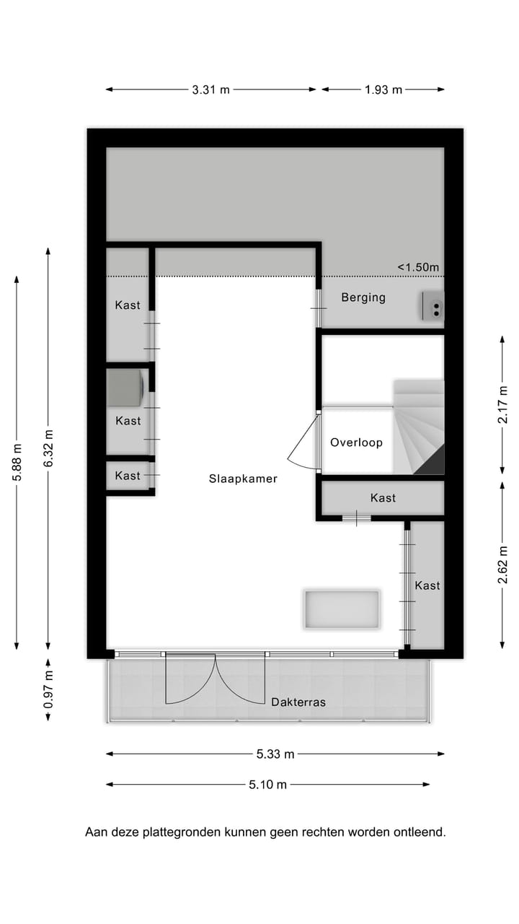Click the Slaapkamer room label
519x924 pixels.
[x=243, y=479]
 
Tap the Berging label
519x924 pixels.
[x=363, y=297]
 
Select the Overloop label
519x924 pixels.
[x=356, y=443]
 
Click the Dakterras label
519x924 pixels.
[x=298, y=702]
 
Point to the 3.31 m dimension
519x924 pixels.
[x=211, y=90]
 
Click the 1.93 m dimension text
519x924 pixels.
[x=383, y=90]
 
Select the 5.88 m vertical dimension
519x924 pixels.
[x=17, y=462]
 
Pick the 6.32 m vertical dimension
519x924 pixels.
[x=48, y=448]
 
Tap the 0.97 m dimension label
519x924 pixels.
[x=48, y=689]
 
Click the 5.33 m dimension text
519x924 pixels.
[x=275, y=754]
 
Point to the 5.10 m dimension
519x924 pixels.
[x=267, y=785]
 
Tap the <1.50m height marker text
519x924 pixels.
[x=418, y=267]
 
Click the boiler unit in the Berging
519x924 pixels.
[x=433, y=306]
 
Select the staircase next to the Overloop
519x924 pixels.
[x=418, y=428]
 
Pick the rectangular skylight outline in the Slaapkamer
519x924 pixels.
[x=342, y=610]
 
